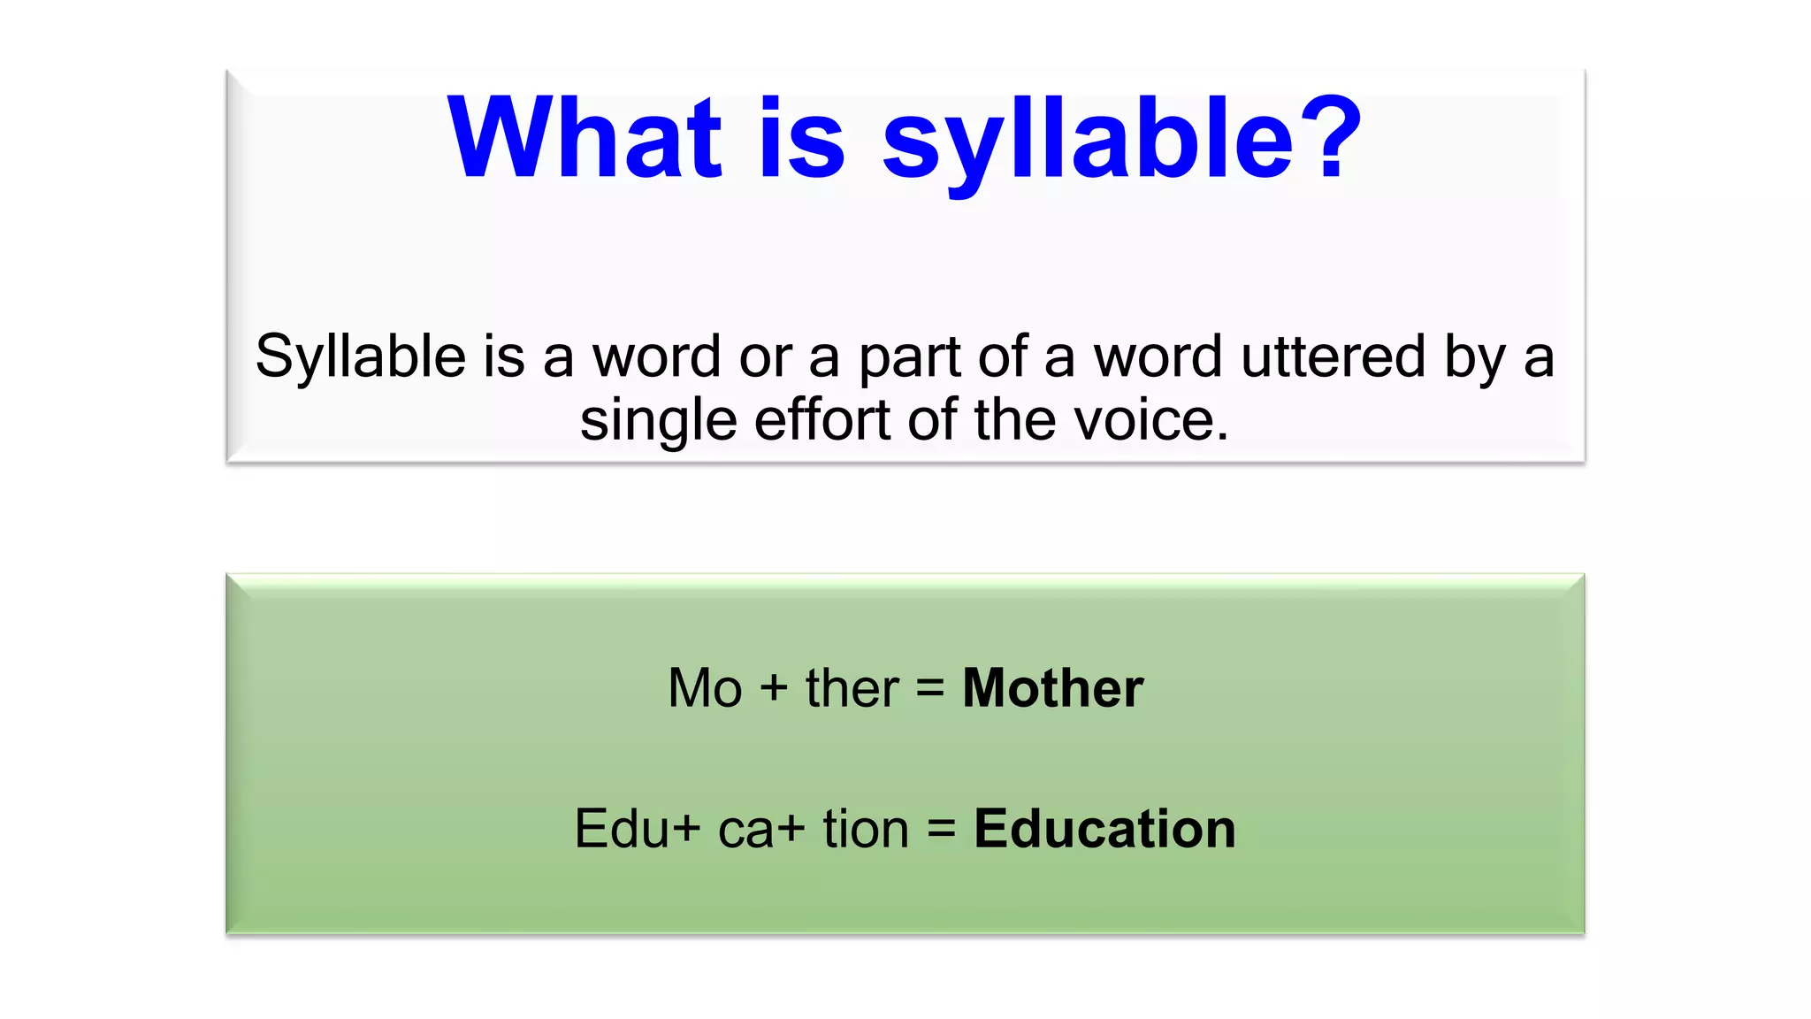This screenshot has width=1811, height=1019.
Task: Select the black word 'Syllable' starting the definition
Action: tap(360, 358)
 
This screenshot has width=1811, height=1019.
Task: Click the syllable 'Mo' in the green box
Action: tap(705, 688)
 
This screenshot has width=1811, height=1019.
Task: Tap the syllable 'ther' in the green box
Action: tap(852, 688)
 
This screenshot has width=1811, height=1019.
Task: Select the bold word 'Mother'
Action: tap(1052, 688)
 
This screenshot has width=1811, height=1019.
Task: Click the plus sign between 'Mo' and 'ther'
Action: tap(774, 689)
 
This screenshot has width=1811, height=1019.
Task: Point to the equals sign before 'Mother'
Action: tap(930, 688)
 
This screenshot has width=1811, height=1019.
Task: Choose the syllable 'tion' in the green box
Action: tap(865, 830)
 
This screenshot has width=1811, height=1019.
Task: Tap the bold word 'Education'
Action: tap(1104, 830)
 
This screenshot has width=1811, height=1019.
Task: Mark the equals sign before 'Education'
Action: tap(942, 830)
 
